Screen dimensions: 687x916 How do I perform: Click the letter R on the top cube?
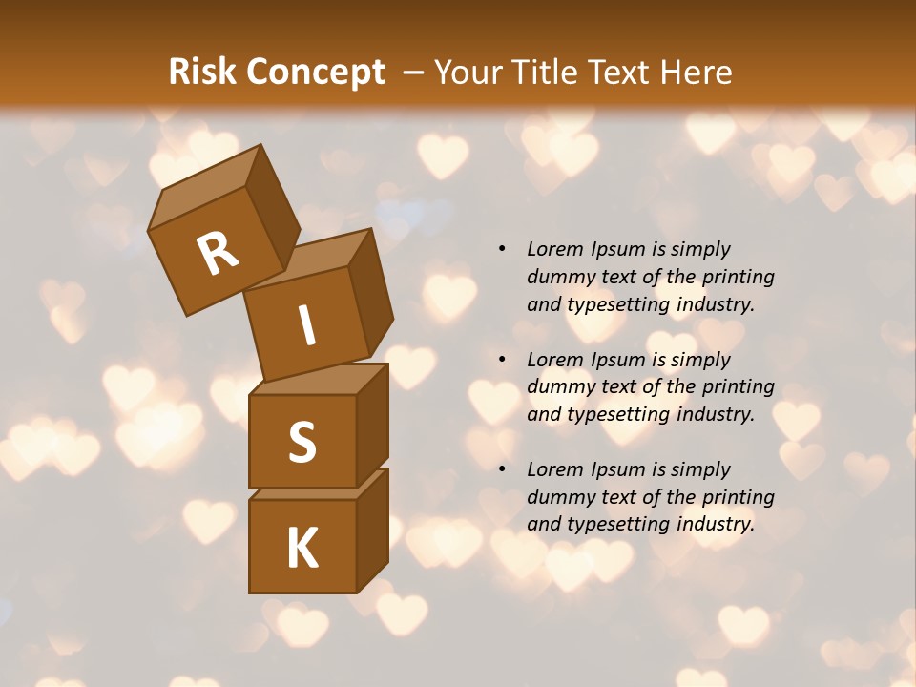[x=218, y=254]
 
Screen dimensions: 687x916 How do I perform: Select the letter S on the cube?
[x=302, y=441]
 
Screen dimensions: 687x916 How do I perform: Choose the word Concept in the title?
[x=315, y=73]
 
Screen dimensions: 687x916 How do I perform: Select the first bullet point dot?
[x=502, y=249]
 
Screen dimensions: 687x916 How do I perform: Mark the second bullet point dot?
[x=502, y=360]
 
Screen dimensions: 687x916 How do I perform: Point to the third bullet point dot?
[x=502, y=469]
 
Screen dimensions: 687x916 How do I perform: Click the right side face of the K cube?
[x=372, y=529]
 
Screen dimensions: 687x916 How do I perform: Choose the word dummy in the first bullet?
[x=558, y=277]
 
